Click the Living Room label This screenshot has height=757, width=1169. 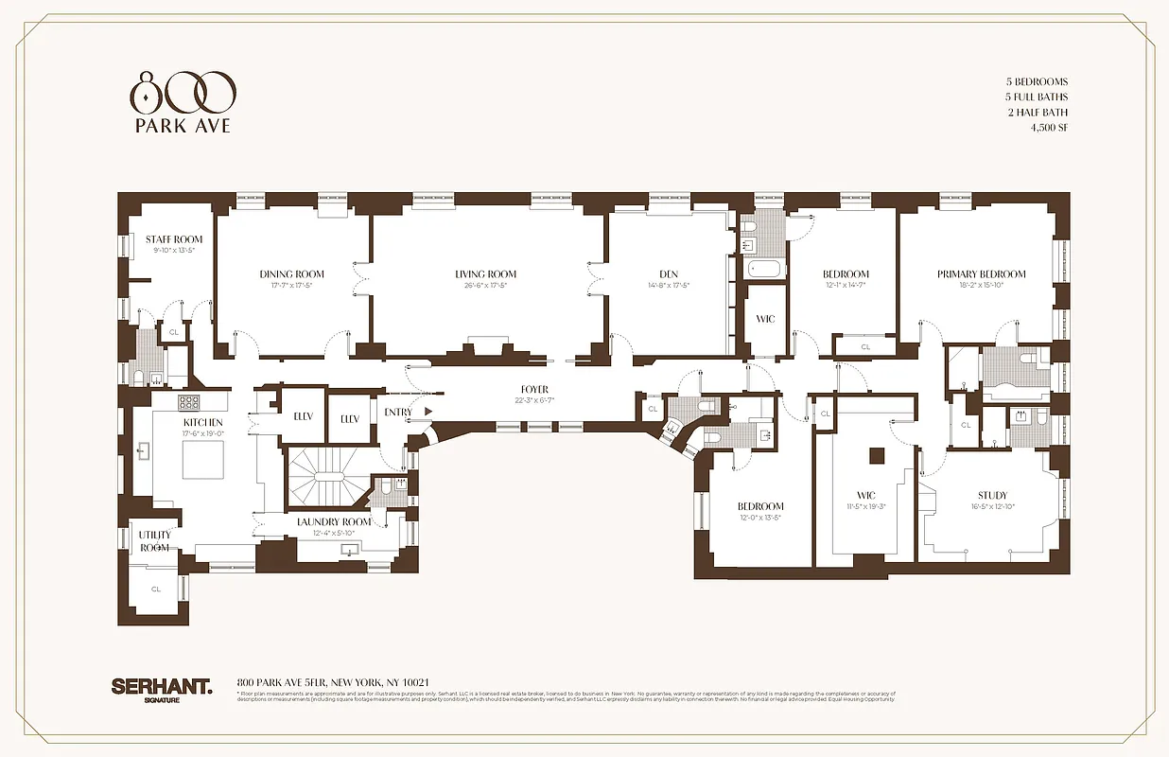click(x=485, y=274)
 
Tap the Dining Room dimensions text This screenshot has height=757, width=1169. click(x=291, y=285)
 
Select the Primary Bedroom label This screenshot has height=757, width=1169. click(x=981, y=274)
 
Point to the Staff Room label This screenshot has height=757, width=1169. click(x=174, y=239)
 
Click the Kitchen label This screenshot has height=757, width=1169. click(x=203, y=422)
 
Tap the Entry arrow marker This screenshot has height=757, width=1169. click(x=428, y=412)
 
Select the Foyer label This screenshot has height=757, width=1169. click(x=534, y=390)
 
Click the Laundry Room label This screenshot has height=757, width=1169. click(x=334, y=521)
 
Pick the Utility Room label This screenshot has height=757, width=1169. click(x=154, y=541)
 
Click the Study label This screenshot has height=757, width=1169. click(x=992, y=495)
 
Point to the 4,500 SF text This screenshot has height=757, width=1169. click(x=1049, y=128)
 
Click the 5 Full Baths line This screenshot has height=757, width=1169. click(x=1037, y=97)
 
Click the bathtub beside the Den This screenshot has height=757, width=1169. click(x=765, y=269)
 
